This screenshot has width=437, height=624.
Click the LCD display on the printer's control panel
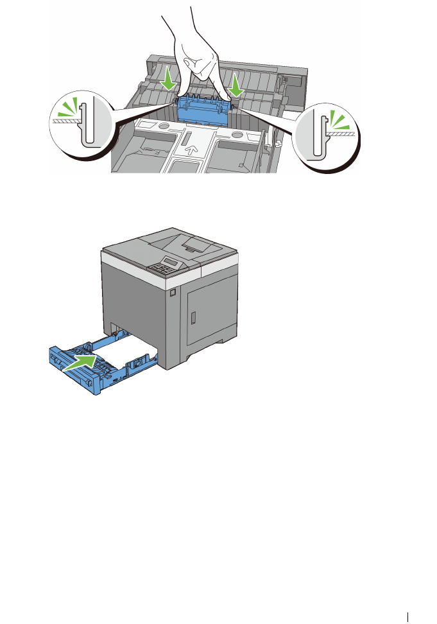pyautogui.click(x=169, y=261)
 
